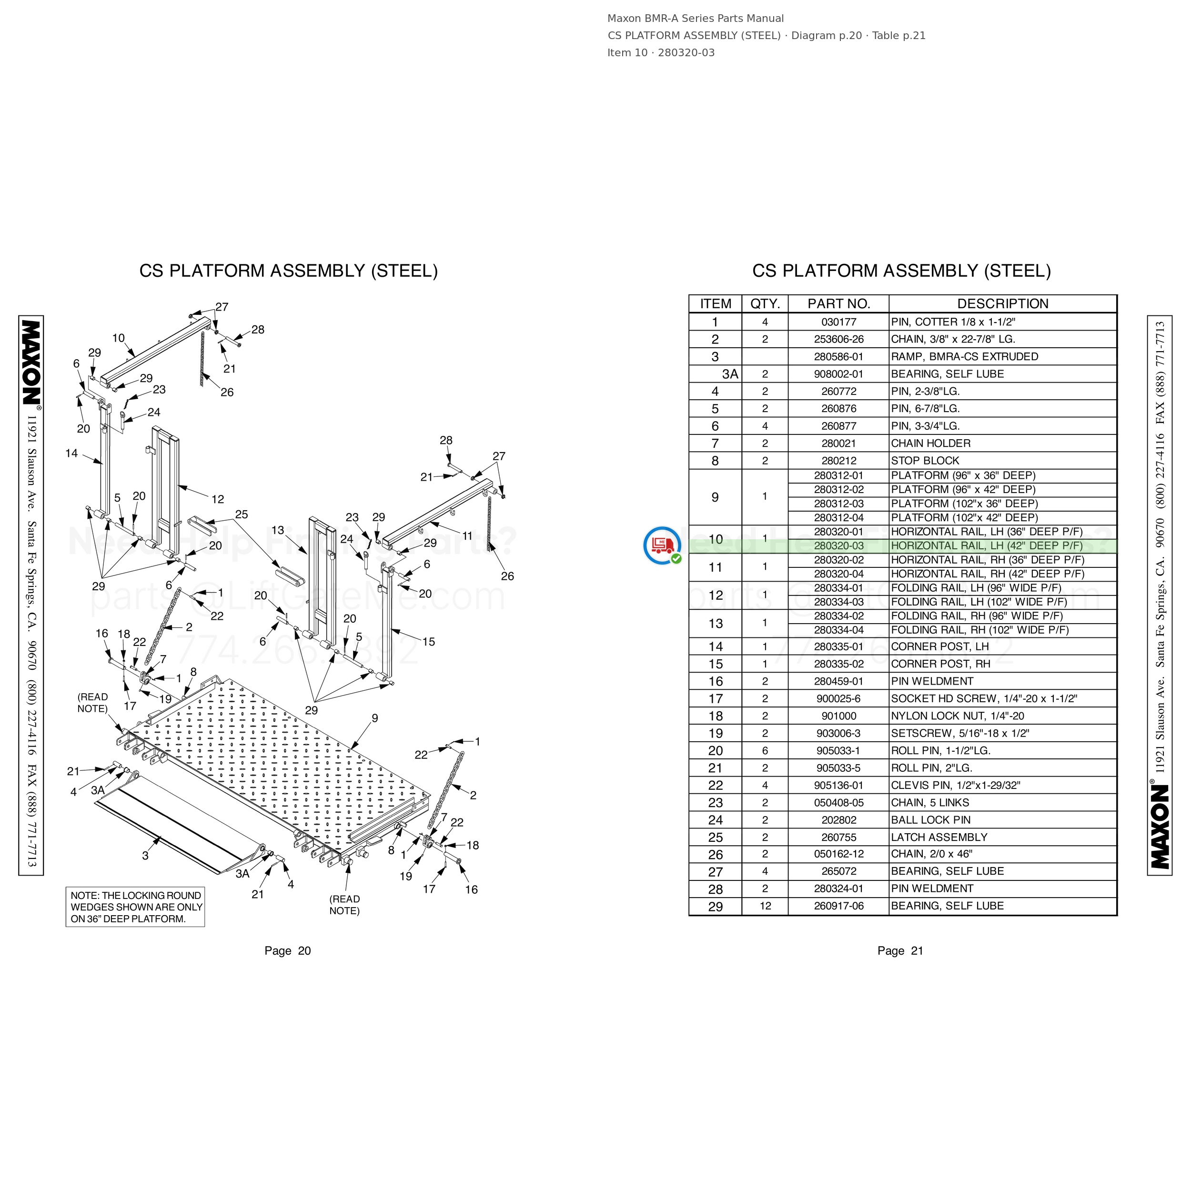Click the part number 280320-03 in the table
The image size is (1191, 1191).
(x=838, y=546)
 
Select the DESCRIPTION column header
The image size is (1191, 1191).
(x=1002, y=304)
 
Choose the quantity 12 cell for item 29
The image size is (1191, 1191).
(x=765, y=906)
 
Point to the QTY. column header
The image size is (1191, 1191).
(x=765, y=304)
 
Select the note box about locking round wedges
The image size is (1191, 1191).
(x=136, y=907)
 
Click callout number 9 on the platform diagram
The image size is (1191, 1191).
(x=375, y=718)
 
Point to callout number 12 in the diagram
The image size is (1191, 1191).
(x=218, y=499)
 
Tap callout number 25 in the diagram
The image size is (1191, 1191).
(x=241, y=514)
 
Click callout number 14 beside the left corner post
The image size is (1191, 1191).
(x=71, y=454)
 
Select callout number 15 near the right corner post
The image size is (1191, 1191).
(x=428, y=642)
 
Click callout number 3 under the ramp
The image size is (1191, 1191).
(x=145, y=856)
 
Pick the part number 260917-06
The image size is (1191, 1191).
(x=838, y=906)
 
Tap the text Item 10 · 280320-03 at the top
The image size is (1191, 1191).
(x=661, y=53)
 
